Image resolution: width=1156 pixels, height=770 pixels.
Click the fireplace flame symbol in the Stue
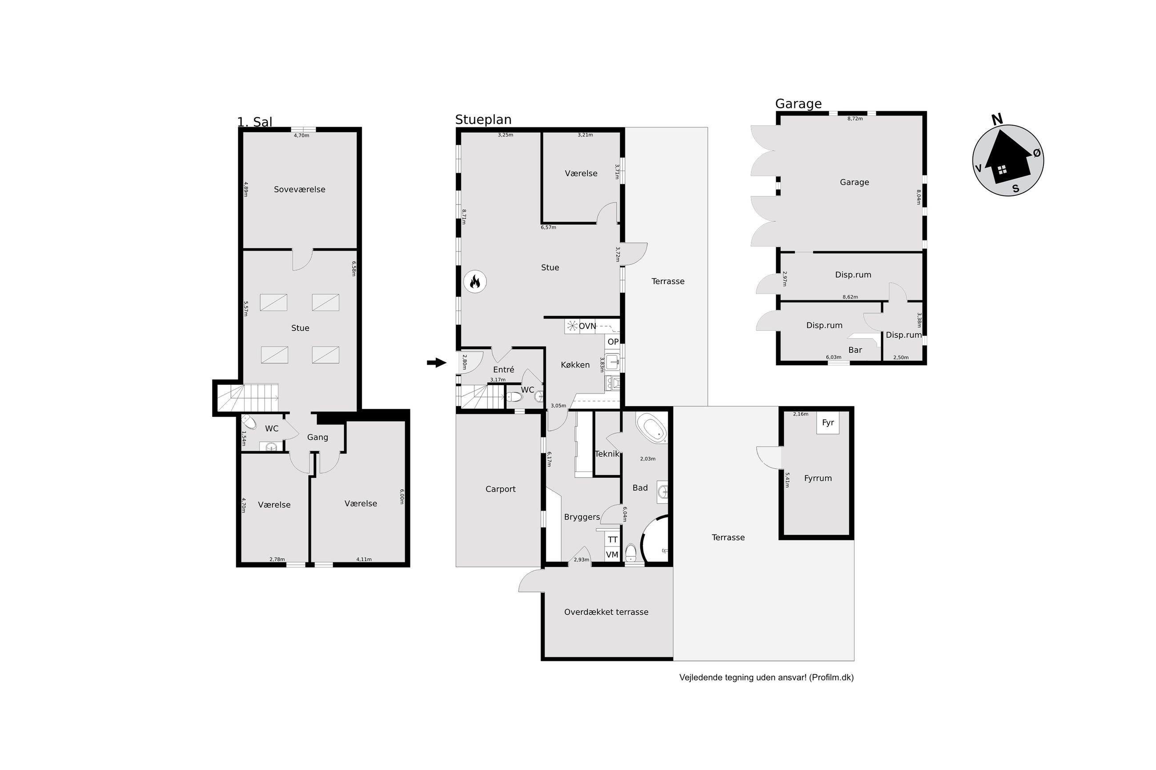point(474,282)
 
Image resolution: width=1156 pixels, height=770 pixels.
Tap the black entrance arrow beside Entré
point(436,363)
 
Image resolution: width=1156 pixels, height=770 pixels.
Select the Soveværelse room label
point(299,190)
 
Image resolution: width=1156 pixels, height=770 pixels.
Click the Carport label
point(500,489)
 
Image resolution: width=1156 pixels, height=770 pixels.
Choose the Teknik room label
point(607,454)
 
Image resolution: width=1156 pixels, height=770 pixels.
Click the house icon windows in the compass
point(1002,170)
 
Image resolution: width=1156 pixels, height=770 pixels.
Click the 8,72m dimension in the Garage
point(855,119)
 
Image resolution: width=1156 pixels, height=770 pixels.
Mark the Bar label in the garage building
point(855,350)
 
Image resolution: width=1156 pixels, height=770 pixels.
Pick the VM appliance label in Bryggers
point(612,555)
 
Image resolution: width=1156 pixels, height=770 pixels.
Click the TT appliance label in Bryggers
point(612,540)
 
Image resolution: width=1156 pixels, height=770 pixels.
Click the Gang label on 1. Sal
point(317,438)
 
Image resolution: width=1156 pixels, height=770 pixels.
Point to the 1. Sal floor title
point(254,122)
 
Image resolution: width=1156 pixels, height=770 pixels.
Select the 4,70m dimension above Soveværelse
point(301,136)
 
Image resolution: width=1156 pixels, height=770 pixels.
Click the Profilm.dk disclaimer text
point(766,678)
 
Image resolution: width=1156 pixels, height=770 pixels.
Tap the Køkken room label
point(575,365)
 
